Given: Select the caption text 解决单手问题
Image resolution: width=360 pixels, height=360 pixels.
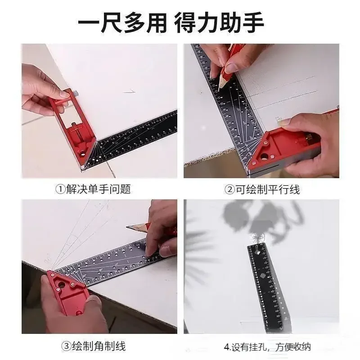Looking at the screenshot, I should (98, 189).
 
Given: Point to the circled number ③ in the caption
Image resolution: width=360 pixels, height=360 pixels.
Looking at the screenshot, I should (66, 346).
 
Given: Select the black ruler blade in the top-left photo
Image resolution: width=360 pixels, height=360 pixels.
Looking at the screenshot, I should (135, 139).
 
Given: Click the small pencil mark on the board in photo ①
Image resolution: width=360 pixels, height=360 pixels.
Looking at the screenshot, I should (130, 91).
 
